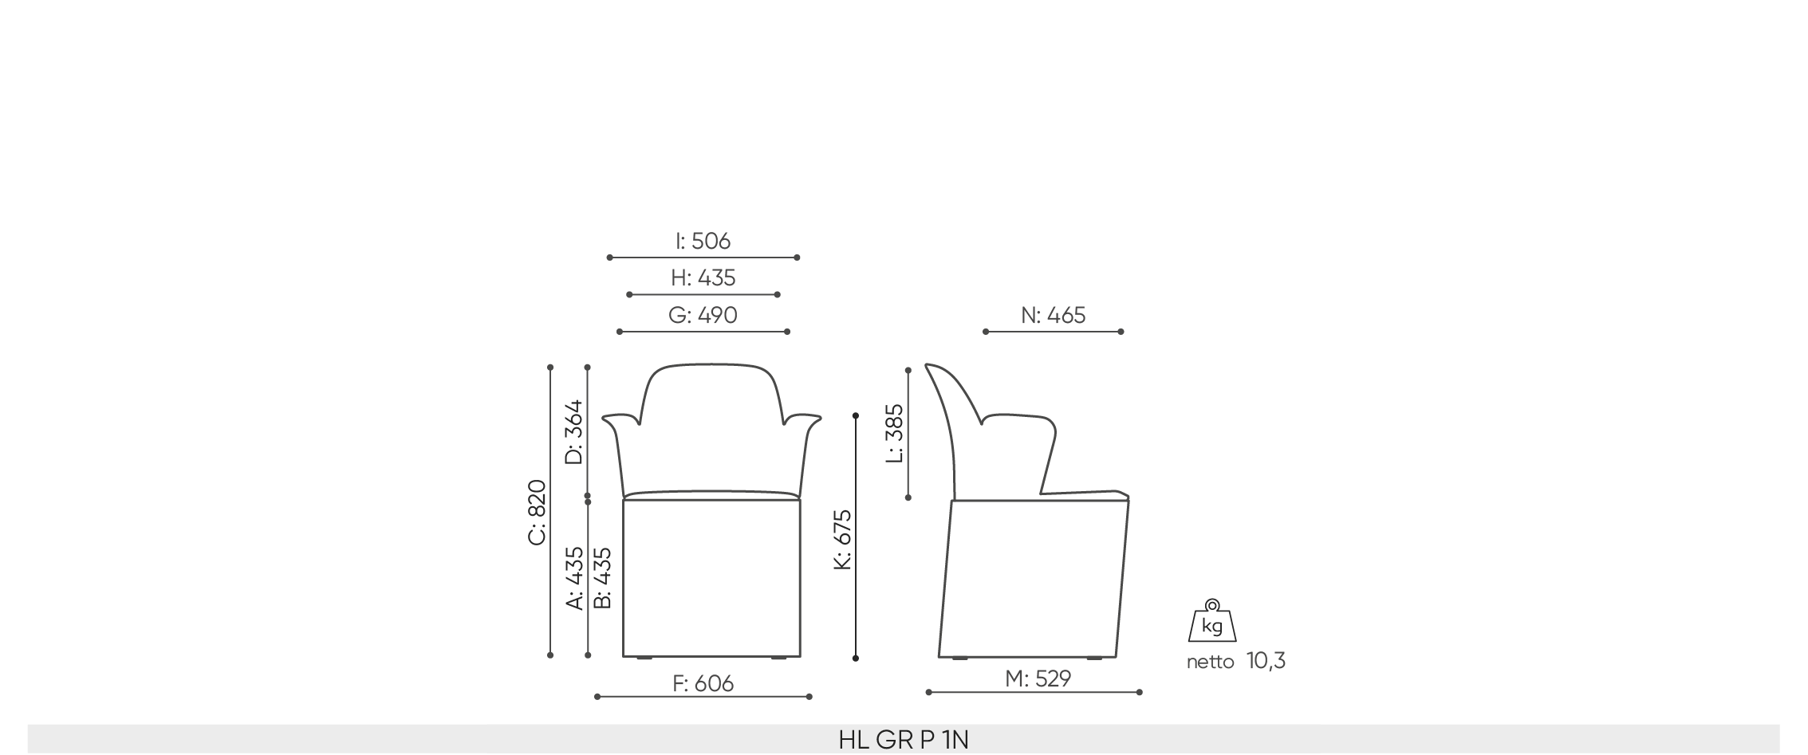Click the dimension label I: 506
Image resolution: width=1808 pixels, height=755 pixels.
click(703, 241)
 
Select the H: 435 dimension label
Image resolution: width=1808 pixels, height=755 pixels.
click(703, 277)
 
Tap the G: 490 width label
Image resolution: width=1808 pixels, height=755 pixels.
click(703, 315)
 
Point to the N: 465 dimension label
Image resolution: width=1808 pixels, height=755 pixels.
click(1053, 315)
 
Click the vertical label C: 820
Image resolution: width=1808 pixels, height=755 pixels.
click(537, 513)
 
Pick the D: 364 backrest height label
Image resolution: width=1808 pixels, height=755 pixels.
click(573, 431)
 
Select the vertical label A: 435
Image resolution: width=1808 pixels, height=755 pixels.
click(574, 578)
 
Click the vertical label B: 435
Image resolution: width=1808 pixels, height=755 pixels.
click(603, 578)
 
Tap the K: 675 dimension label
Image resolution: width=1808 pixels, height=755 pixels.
click(842, 540)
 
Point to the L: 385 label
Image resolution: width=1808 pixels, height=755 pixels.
click(895, 433)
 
